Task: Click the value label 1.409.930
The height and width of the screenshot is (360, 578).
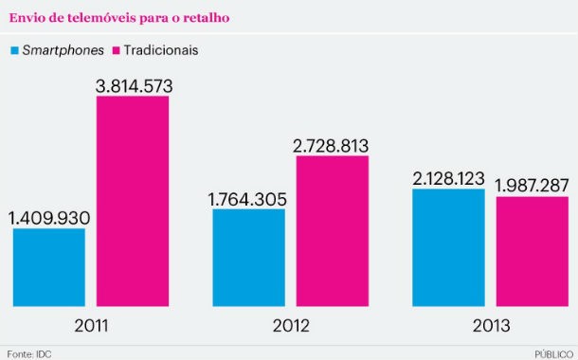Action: pyautogui.click(x=49, y=218)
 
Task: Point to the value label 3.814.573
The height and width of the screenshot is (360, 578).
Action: pyautogui.click(x=133, y=86)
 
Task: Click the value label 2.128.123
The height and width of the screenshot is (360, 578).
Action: pyautogui.click(x=449, y=178)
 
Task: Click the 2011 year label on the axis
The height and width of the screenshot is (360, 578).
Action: pyautogui.click(x=91, y=325)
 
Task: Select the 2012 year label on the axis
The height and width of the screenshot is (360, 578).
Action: pyautogui.click(x=290, y=325)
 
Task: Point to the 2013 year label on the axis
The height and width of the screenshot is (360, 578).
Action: pyautogui.click(x=490, y=325)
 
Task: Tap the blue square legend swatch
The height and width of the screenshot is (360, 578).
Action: pyautogui.click(x=15, y=48)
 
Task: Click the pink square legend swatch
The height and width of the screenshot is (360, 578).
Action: pyautogui.click(x=118, y=48)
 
